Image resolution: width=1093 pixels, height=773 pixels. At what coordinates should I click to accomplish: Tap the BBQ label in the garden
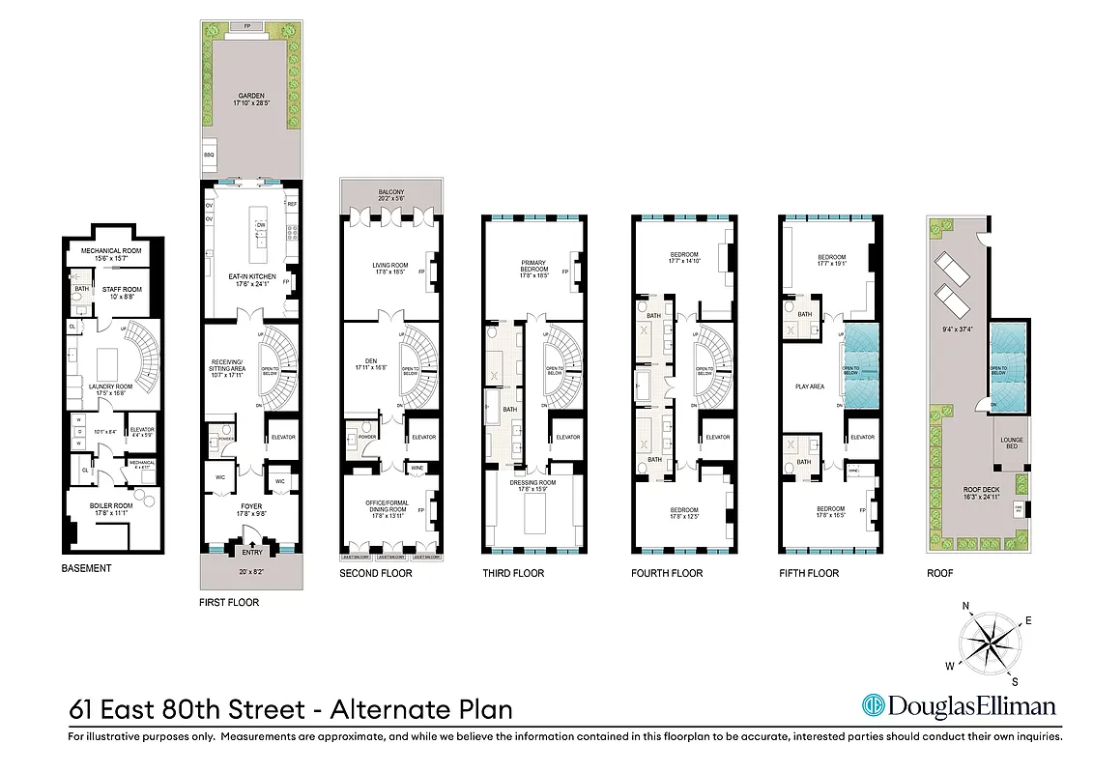pyautogui.click(x=208, y=155)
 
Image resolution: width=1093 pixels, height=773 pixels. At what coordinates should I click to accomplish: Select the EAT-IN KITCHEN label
pyautogui.click(x=251, y=276)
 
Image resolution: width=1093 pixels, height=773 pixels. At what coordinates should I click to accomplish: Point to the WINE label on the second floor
pyautogui.click(x=417, y=468)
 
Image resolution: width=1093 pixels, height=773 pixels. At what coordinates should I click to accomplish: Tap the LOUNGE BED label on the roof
pyautogui.click(x=1012, y=444)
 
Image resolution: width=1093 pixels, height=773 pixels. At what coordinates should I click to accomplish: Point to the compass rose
pyautogui.click(x=987, y=642)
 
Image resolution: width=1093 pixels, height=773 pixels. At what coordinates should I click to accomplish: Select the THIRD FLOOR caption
pyautogui.click(x=513, y=573)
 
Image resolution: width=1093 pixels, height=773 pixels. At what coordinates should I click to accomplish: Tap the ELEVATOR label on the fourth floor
pyautogui.click(x=717, y=437)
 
